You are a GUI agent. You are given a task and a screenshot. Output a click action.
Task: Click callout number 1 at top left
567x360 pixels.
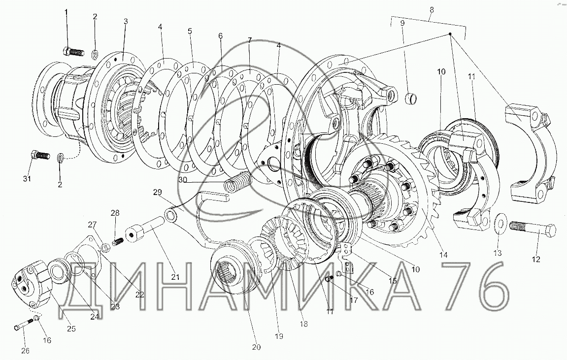(x=66, y=13)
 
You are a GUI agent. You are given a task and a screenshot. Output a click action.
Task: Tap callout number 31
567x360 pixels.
(x=27, y=179)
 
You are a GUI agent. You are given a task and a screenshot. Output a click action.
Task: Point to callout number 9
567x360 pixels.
(x=402, y=23)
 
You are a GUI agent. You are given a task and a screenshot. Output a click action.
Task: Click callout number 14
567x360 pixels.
(x=443, y=255)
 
